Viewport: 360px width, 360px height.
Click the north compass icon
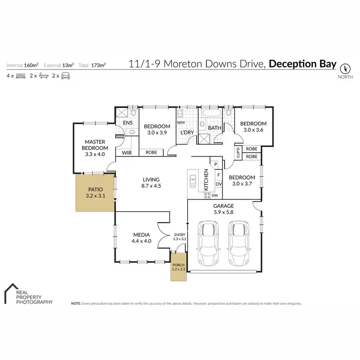(345, 68)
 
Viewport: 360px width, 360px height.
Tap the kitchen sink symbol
(193, 181)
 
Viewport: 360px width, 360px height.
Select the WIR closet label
(127, 153)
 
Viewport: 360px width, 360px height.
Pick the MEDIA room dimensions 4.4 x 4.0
(142, 241)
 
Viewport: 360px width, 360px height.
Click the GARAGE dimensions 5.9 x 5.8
(223, 212)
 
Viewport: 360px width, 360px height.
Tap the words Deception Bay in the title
(303, 64)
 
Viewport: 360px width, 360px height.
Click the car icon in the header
(65, 76)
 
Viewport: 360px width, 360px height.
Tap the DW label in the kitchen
(215, 195)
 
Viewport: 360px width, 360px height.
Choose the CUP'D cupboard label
(238, 153)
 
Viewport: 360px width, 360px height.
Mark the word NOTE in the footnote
(76, 304)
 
